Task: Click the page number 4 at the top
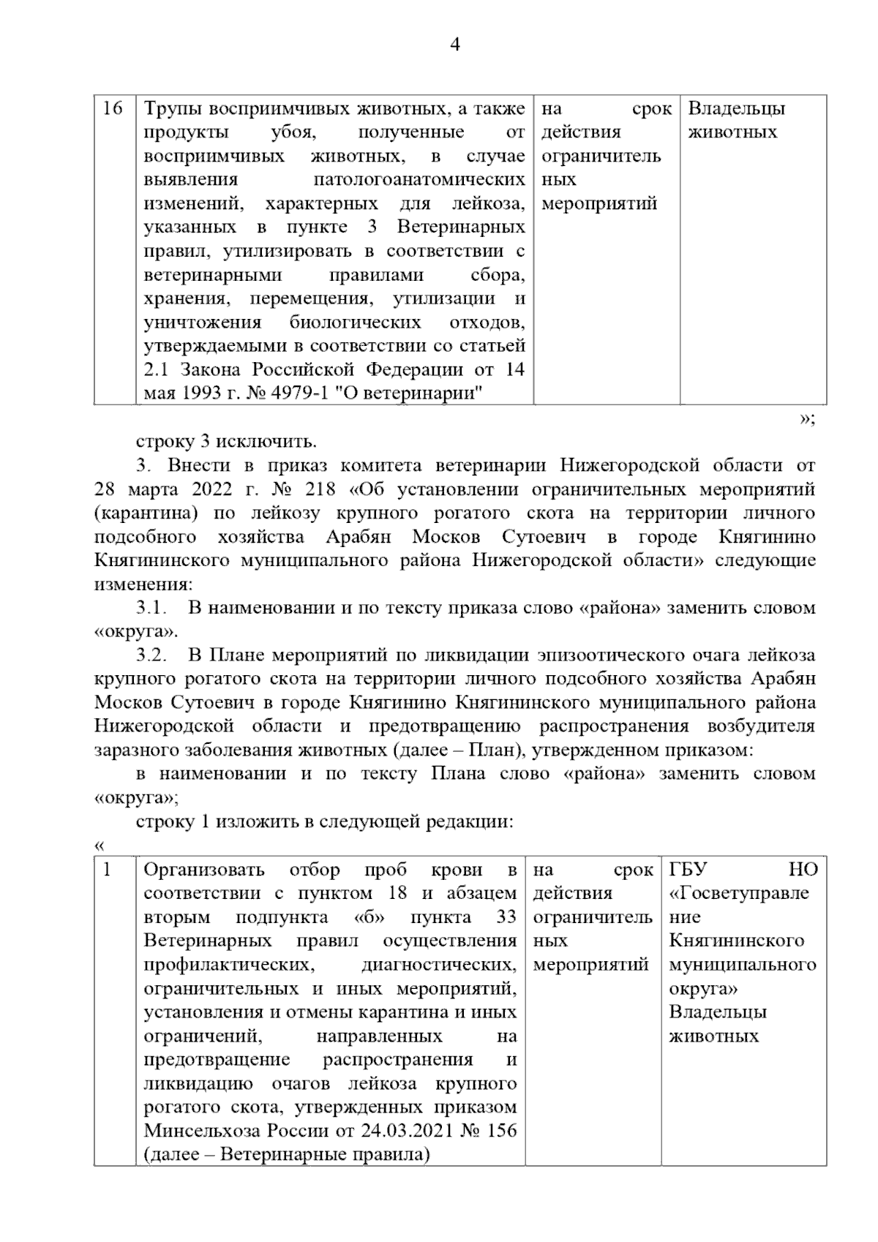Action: point(455,45)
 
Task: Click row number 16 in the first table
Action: point(113,109)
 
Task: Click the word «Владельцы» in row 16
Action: point(736,109)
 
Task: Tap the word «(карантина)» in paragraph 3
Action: point(146,513)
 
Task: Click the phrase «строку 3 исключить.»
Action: point(226,442)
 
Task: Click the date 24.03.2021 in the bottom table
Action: point(405,1130)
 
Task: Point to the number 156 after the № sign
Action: point(500,1130)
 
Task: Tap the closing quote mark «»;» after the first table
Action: point(807,419)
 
